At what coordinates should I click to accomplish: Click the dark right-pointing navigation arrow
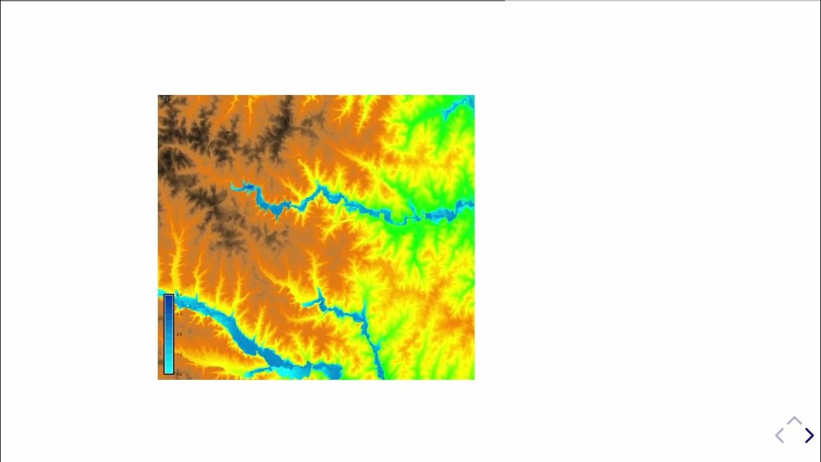809,436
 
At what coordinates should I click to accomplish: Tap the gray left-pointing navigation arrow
779,436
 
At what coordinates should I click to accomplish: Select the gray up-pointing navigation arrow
794,421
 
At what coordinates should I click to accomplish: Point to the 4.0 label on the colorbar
179,295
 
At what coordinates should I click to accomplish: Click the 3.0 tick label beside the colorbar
179,314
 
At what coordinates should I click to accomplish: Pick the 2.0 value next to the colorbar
179,334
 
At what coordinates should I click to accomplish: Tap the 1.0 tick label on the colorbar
179,354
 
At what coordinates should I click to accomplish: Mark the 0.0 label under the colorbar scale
179,373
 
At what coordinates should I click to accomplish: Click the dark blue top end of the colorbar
169,299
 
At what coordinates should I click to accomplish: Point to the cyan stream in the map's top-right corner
459,106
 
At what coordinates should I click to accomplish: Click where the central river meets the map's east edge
471,205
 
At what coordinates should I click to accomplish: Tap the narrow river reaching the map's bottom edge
379,366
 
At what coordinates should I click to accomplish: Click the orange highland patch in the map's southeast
459,327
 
